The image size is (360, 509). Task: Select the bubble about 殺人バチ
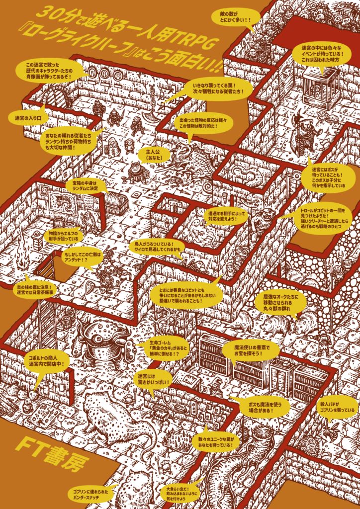[337, 410]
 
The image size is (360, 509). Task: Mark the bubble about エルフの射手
[64, 236]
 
